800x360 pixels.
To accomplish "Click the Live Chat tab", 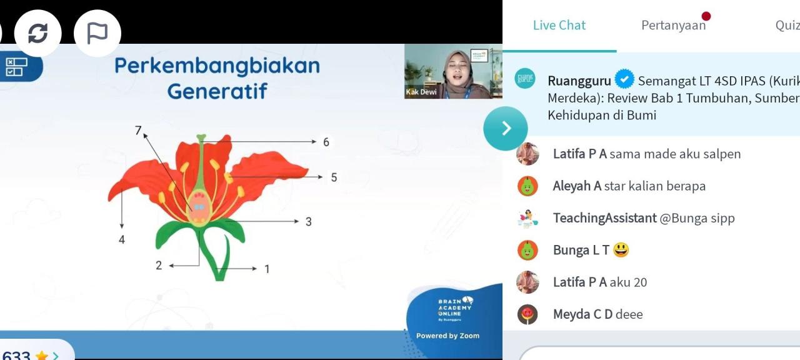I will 559,26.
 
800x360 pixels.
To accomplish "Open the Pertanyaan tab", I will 673,26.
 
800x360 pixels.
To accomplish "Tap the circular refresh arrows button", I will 38,33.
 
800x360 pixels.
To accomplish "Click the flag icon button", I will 97,33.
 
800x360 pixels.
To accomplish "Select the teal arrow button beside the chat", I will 505,128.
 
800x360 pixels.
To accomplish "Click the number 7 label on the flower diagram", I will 139,130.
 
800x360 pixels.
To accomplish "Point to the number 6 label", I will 326,142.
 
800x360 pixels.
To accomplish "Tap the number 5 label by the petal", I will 334,177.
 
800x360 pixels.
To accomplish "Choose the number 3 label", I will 309,222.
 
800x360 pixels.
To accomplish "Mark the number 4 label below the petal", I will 122,239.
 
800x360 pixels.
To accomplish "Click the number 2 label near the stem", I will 159,266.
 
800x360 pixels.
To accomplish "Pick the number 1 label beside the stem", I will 267,269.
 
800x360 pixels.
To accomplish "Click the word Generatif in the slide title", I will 217,91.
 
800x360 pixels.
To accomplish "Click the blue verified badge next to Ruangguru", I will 624,80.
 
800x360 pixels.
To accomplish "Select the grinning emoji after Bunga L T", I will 621,250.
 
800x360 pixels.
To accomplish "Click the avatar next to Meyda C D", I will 527,314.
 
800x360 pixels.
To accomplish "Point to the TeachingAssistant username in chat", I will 604,218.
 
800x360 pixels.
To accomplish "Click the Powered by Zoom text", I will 447,336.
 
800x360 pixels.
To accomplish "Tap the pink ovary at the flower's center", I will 199,212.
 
